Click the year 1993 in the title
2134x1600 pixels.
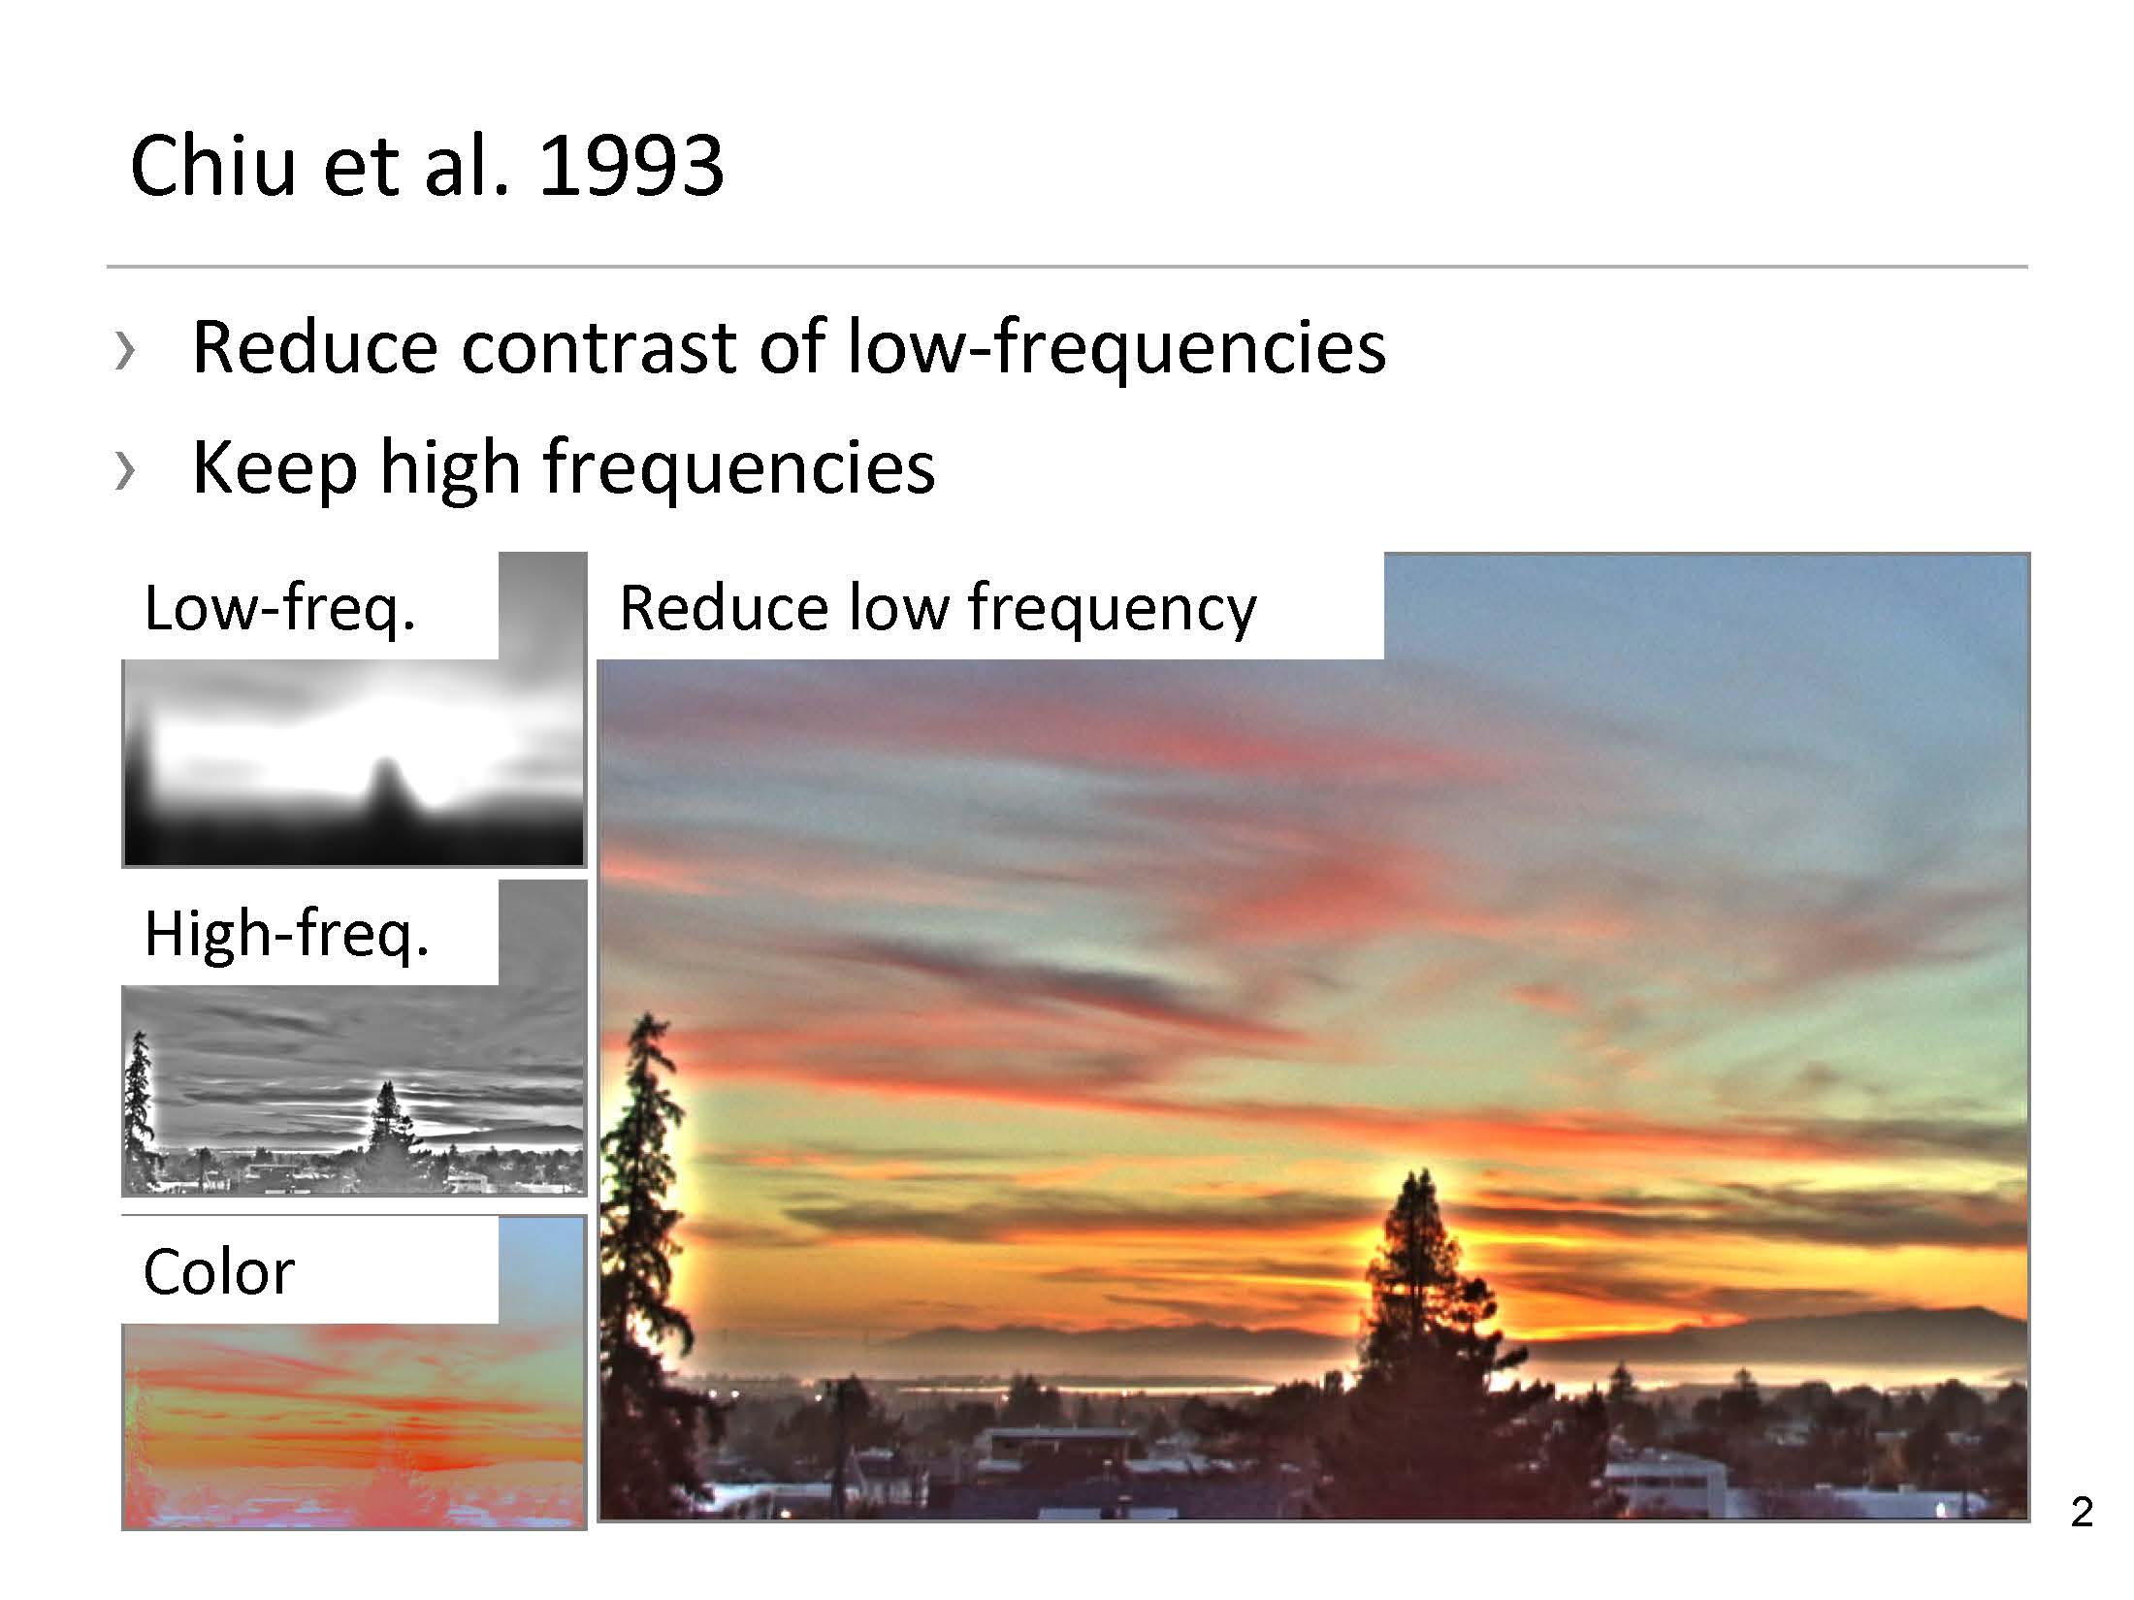point(631,165)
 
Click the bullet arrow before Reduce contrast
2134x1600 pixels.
point(124,349)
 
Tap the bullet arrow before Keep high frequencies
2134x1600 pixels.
point(124,469)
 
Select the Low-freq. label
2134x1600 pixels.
point(280,609)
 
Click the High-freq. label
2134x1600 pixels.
point(286,934)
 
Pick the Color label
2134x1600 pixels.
point(218,1271)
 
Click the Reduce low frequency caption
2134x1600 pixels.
point(938,608)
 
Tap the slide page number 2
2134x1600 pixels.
point(2082,1512)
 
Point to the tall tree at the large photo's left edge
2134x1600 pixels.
point(645,1261)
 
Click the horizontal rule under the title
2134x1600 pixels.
point(1067,266)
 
